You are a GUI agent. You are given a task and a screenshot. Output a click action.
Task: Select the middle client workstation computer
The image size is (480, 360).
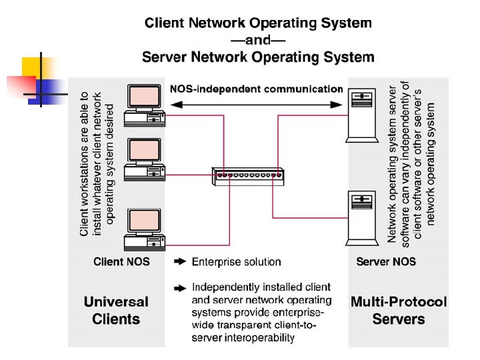pyautogui.click(x=145, y=161)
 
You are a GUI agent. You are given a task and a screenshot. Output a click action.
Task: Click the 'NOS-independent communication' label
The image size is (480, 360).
pyautogui.click(x=257, y=89)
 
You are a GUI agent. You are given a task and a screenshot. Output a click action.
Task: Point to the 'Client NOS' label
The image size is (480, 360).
pyautogui.click(x=121, y=262)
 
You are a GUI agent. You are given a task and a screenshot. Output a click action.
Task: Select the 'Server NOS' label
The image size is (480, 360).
pyautogui.click(x=386, y=262)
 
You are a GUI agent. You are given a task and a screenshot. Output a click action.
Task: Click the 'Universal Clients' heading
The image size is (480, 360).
pyautogui.click(x=116, y=310)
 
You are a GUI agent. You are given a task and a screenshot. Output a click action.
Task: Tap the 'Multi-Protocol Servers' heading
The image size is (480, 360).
pyautogui.click(x=399, y=310)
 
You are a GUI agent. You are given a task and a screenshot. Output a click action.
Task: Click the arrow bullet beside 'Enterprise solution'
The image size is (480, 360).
pyautogui.click(x=179, y=262)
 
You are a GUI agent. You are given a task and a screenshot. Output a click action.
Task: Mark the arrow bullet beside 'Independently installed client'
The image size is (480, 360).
pyautogui.click(x=179, y=288)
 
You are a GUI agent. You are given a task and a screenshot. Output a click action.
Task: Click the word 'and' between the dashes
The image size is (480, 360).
pyautogui.click(x=258, y=41)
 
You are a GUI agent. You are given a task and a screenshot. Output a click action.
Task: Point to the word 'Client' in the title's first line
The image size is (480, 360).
pyautogui.click(x=165, y=23)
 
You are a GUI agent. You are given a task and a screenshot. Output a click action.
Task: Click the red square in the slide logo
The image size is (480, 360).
pyautogui.click(x=21, y=85)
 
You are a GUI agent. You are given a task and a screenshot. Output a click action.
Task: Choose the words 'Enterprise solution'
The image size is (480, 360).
pyautogui.click(x=236, y=262)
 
